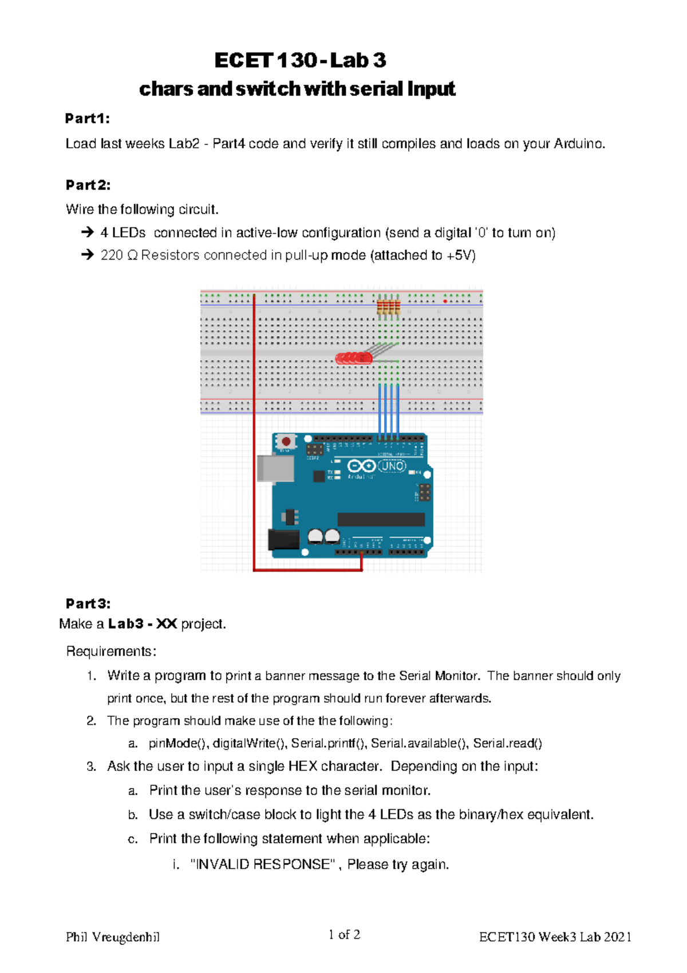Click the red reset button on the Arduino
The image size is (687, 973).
[286, 442]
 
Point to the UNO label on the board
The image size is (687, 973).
[392, 466]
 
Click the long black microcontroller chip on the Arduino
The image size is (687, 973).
[381, 519]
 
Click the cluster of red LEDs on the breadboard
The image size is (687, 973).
[354, 359]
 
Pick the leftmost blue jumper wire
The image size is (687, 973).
[380, 410]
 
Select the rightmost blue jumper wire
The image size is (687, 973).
[398, 410]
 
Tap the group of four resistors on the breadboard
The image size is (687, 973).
[388, 307]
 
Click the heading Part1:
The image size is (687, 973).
[88, 119]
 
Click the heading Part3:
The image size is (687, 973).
[88, 603]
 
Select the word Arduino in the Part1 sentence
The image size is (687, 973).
[579, 144]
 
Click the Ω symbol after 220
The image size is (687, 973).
[132, 256]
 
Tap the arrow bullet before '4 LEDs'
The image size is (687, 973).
[87, 233]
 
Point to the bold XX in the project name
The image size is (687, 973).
[166, 623]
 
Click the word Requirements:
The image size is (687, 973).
[111, 652]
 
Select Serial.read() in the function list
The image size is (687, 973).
[507, 743]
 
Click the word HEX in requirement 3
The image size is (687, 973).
[302, 766]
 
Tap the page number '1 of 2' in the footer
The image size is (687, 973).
[344, 935]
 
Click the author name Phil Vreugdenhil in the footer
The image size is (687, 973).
[113, 937]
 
